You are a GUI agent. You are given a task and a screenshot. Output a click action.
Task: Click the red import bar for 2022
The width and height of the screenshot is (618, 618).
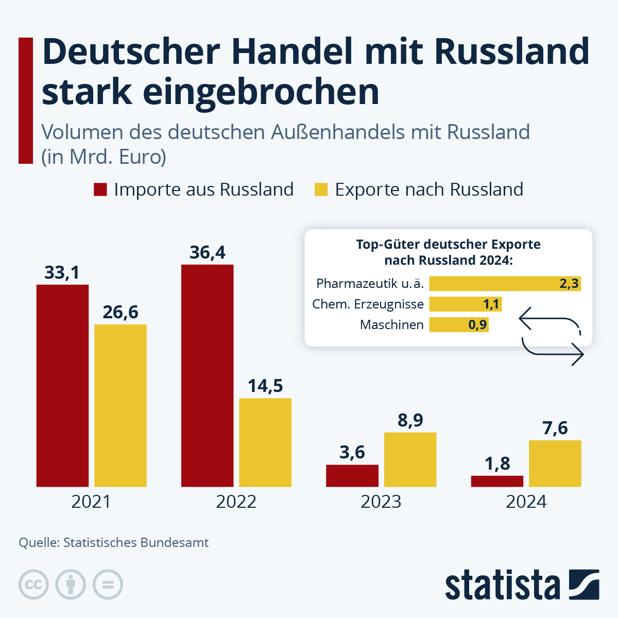click(207, 375)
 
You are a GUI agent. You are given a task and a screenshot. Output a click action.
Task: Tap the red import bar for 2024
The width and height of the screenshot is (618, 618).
click(497, 481)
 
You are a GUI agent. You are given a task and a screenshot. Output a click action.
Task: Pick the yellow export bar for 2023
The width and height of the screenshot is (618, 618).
click(410, 459)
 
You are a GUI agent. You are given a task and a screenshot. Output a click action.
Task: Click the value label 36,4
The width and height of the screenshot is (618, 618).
click(207, 252)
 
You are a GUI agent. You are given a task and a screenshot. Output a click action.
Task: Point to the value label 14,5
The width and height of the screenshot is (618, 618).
click(265, 386)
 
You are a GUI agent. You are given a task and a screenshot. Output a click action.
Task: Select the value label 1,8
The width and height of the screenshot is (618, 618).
click(497, 463)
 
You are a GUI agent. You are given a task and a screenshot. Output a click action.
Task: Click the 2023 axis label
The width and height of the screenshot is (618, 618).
click(381, 502)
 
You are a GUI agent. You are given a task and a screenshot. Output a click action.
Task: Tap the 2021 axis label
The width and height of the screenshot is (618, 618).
click(91, 502)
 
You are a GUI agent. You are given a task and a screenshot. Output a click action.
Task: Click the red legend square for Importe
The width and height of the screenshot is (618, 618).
click(100, 190)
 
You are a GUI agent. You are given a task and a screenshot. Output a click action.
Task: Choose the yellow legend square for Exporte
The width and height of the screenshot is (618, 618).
click(321, 190)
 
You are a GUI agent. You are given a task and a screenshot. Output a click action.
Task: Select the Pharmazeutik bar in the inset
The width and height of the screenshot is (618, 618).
click(505, 284)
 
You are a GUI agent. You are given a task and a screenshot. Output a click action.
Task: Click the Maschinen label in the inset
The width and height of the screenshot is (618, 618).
click(391, 325)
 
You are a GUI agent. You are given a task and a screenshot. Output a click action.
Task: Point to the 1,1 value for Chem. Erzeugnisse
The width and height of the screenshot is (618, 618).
click(491, 304)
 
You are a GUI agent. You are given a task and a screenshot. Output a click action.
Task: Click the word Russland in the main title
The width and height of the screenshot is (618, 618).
click(512, 51)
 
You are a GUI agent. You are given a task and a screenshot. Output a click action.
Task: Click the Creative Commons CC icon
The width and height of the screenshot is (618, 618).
click(33, 585)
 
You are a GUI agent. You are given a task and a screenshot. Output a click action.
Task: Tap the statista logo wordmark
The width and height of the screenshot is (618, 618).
click(502, 585)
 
